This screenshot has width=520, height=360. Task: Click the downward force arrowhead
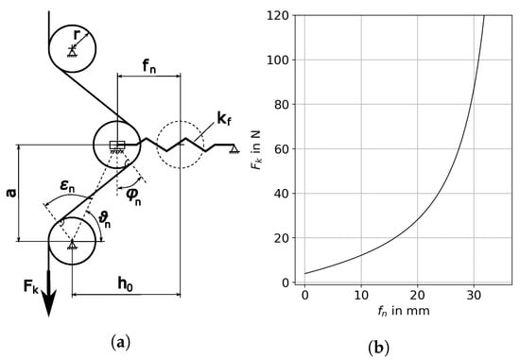point(49,303)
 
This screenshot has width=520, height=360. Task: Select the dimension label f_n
point(149,66)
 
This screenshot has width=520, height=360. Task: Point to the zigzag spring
point(189,145)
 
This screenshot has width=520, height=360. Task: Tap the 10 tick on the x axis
point(361,296)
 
